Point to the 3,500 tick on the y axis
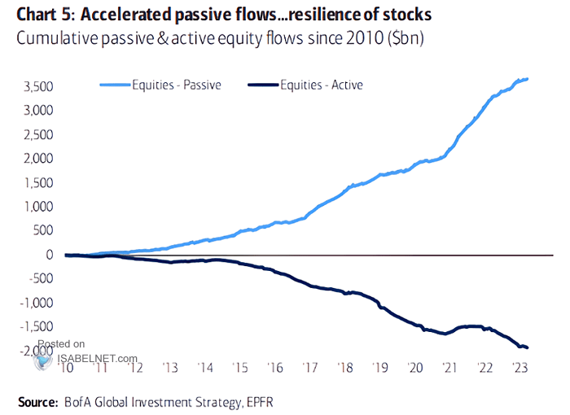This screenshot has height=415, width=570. pos(39,86)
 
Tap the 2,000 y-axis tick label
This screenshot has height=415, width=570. pos(39,159)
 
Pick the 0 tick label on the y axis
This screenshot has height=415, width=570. pos(50,255)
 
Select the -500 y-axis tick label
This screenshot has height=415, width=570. pos(42,279)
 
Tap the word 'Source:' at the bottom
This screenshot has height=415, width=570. pos(36,400)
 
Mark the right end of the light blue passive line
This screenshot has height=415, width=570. pos(528,79)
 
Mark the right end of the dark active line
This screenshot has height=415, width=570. pos(528,347)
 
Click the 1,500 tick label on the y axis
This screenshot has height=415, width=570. pos(39,183)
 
